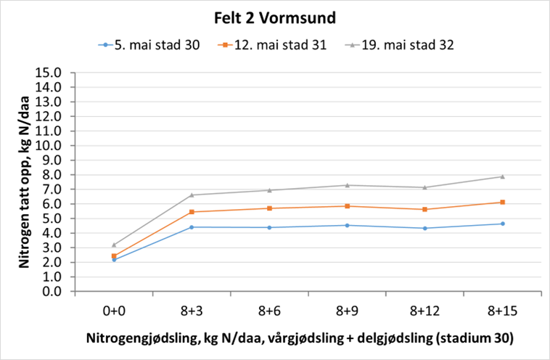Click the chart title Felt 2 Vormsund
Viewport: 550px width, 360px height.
[275, 17]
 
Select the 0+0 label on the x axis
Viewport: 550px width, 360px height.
[114, 310]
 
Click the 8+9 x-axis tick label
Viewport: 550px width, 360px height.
[346, 310]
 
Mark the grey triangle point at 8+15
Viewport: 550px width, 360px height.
[501, 176]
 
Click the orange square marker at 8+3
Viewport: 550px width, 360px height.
[192, 212]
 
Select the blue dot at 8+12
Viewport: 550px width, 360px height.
[424, 229]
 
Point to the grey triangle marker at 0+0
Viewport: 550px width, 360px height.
[114, 245]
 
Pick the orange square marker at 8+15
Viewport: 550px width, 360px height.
[501, 202]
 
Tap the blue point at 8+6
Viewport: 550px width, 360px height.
[269, 227]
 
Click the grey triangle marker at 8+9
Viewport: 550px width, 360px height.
[346, 185]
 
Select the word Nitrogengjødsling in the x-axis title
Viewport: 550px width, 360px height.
[136, 339]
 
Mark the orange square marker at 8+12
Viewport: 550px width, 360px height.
[424, 209]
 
